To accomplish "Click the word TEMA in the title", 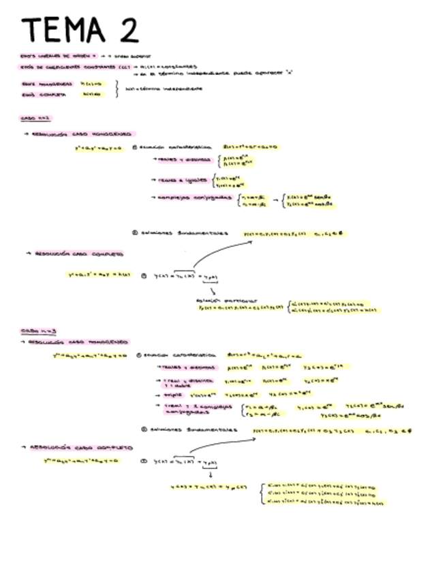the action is click(x=62, y=30).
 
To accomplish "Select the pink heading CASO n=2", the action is click(x=32, y=119).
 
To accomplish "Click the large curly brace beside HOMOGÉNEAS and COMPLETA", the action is click(x=117, y=89).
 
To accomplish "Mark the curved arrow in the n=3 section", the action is click(x=221, y=446).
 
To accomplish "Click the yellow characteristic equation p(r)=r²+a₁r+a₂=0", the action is click(x=250, y=147).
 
